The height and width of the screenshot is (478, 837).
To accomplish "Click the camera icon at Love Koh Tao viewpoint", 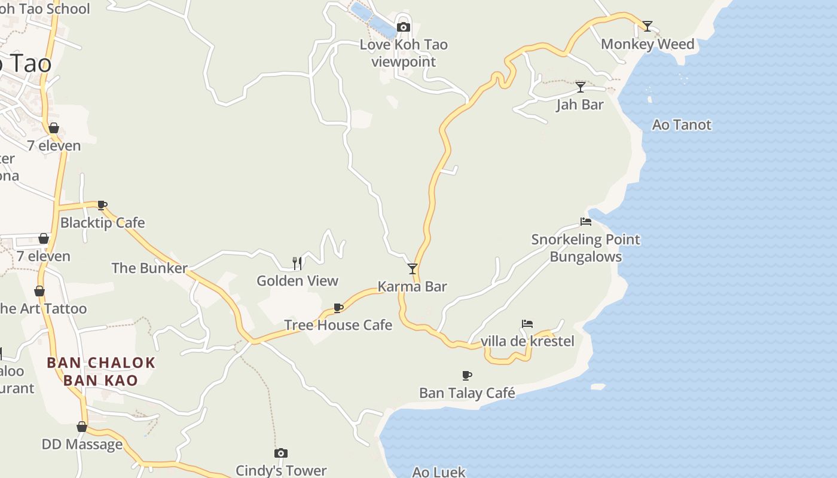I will tap(404, 27).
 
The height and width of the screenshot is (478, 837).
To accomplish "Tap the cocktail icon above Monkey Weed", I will tap(647, 26).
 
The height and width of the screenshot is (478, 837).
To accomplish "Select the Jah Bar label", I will tap(580, 105).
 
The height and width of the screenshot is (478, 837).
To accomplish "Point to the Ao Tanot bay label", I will tap(682, 125).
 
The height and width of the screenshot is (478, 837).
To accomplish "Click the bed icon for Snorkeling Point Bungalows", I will tap(586, 222).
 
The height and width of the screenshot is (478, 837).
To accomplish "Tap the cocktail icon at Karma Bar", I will tap(413, 269).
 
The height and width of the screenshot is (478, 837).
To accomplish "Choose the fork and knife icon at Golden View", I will tap(297, 263).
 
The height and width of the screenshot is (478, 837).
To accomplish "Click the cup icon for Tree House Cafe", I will tap(338, 308).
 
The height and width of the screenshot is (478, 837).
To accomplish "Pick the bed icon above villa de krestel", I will tap(527, 324).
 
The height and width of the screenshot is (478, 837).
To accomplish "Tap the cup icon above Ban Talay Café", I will tap(467, 375).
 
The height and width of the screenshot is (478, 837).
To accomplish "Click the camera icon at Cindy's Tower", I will tap(281, 453).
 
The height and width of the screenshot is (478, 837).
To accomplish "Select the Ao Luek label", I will tap(438, 472).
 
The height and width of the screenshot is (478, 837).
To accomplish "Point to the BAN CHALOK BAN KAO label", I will tap(101, 371).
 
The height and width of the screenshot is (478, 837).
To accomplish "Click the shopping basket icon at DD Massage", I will tap(82, 427).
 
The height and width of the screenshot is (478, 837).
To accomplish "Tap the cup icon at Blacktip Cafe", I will tap(102, 206).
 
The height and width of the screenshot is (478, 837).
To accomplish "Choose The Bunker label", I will tap(149, 268).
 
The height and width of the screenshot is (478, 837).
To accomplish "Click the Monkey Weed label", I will tap(647, 44).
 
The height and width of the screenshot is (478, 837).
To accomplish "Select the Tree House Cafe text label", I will tap(338, 325).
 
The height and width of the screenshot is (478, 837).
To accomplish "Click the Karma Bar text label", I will tap(413, 287).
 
